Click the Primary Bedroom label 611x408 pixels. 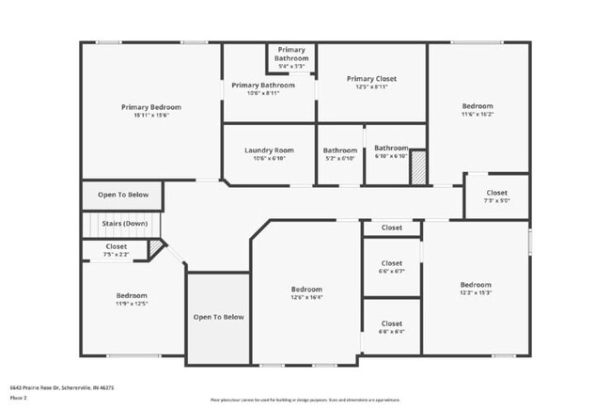150,107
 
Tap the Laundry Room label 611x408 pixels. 269,150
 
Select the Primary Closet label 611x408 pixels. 372,79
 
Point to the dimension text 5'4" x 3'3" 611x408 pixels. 291,67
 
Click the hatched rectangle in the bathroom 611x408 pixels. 417,166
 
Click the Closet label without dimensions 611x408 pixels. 391,228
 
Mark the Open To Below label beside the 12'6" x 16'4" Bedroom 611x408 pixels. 218,317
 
